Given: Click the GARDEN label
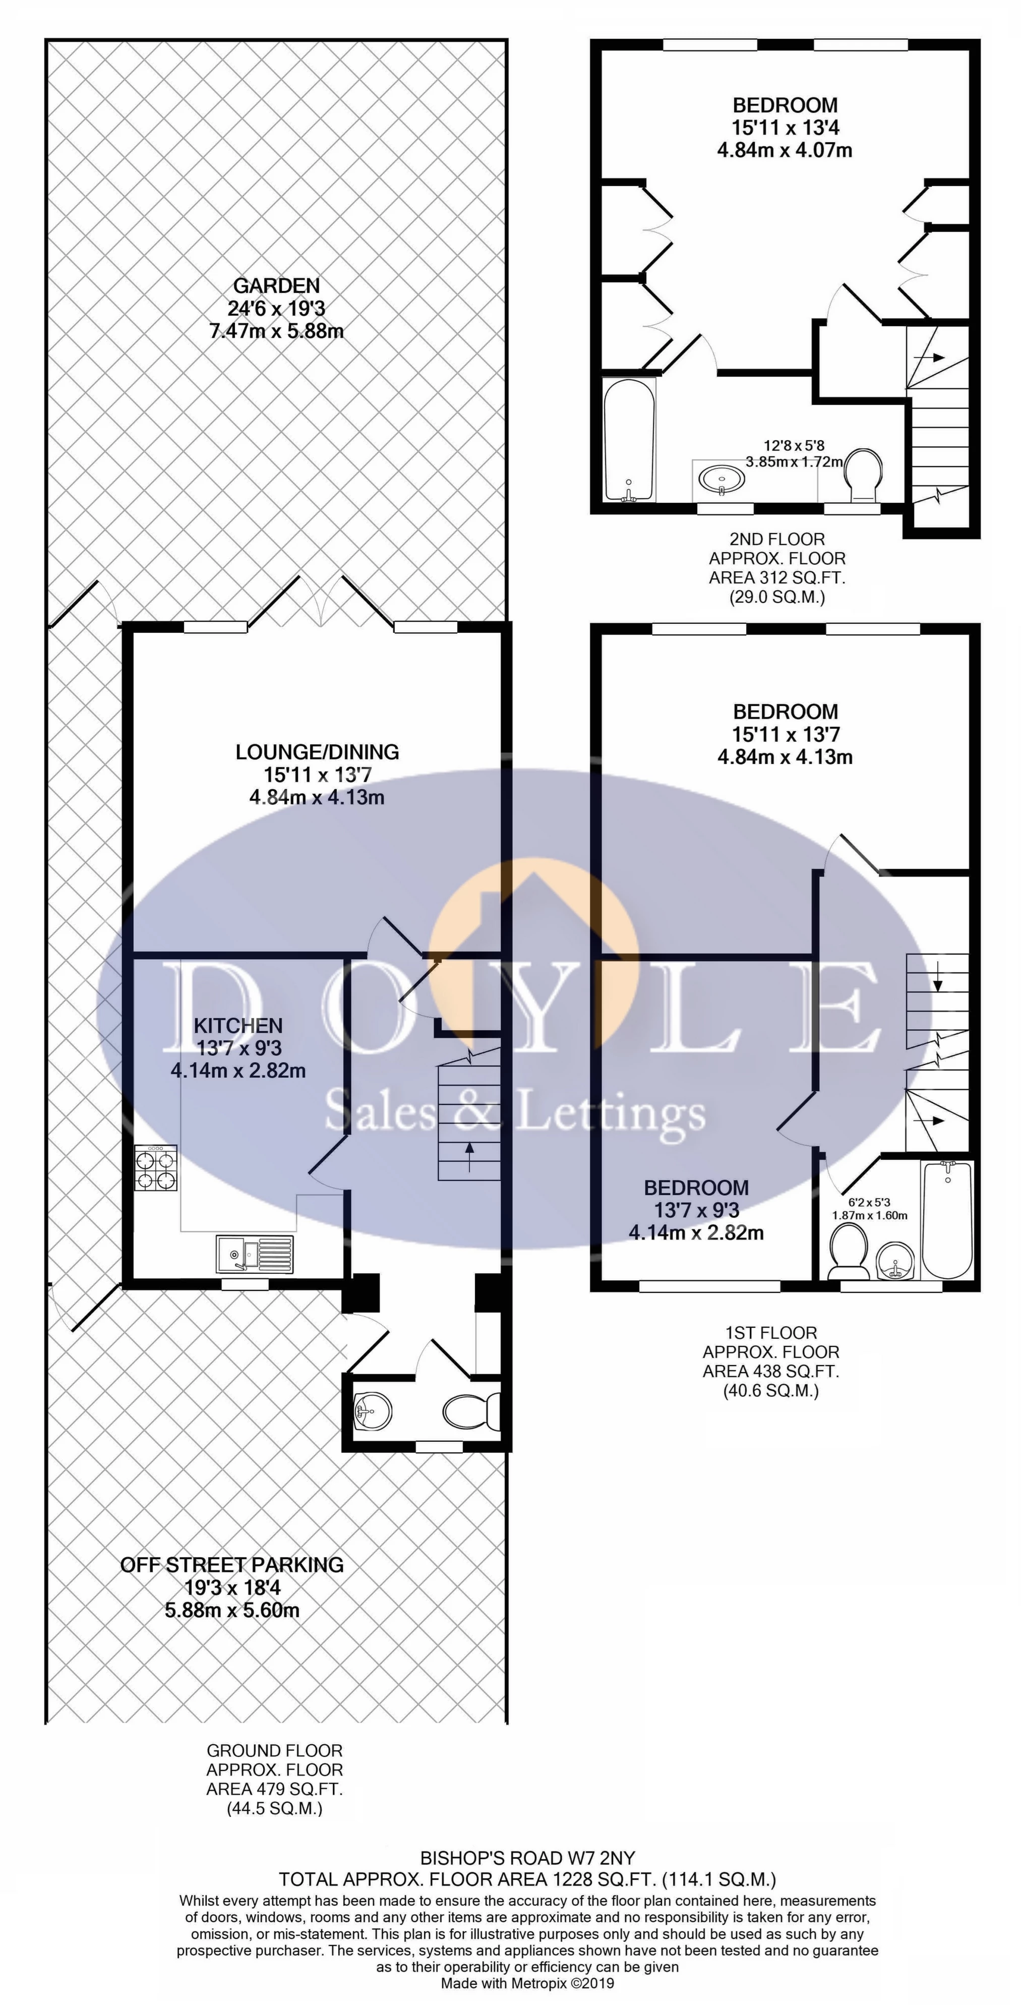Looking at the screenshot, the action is [276, 286].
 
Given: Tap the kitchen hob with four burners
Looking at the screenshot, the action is [156, 1168].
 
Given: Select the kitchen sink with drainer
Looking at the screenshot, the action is [255, 1255].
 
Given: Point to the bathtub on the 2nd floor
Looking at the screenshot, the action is [630, 440].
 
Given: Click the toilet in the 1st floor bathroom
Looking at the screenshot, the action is [849, 1252].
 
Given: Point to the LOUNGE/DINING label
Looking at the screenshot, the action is [317, 752].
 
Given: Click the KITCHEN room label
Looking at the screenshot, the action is [238, 1025].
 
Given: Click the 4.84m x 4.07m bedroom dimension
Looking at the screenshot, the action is [785, 149].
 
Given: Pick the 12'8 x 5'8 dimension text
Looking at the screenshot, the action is [794, 446].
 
